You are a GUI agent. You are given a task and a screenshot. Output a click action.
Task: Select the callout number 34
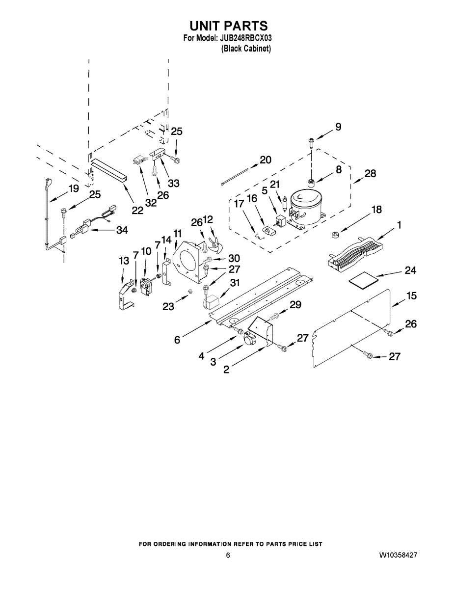[x=122, y=230]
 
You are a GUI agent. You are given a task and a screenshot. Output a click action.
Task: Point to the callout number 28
[x=371, y=173]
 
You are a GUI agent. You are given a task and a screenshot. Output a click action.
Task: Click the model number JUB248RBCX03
[x=243, y=38]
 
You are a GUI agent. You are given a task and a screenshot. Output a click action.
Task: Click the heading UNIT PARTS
[x=228, y=26]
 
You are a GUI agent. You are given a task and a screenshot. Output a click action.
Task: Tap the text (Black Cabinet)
[x=246, y=49]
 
